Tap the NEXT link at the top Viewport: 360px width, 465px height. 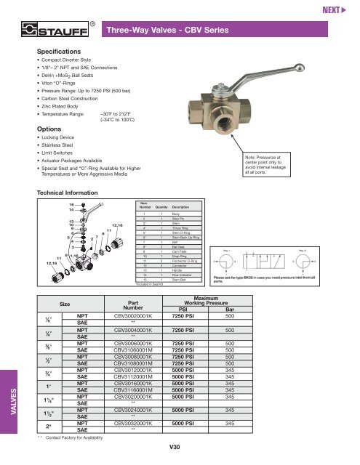(339, 10)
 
